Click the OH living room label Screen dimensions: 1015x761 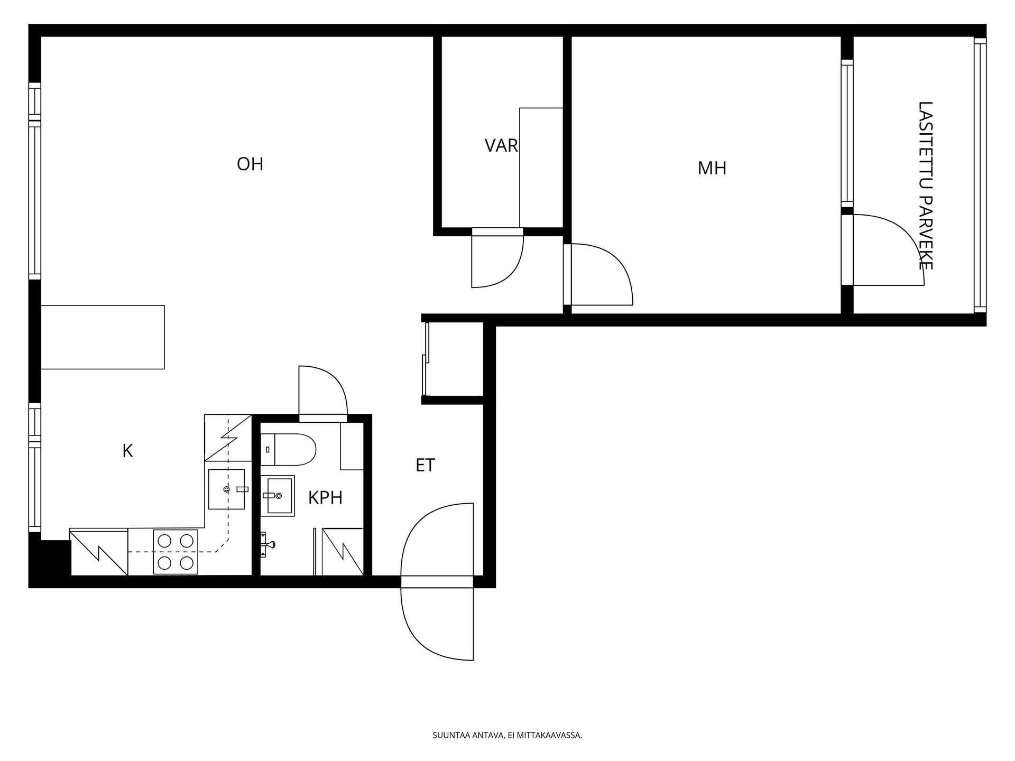(x=250, y=164)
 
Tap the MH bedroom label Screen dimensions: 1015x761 (x=712, y=169)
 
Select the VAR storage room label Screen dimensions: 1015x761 (x=501, y=145)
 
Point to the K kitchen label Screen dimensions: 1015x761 (x=127, y=451)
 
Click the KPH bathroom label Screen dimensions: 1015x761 (x=325, y=498)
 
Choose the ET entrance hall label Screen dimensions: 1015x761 (x=425, y=465)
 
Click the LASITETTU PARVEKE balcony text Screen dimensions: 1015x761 (x=925, y=185)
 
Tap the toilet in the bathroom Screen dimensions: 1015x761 (x=288, y=450)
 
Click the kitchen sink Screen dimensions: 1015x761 (x=227, y=489)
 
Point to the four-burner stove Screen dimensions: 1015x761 (x=176, y=552)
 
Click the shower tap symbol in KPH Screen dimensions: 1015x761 (x=267, y=544)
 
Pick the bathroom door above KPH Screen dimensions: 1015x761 (x=323, y=394)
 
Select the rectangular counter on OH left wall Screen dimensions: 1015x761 (x=103, y=337)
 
